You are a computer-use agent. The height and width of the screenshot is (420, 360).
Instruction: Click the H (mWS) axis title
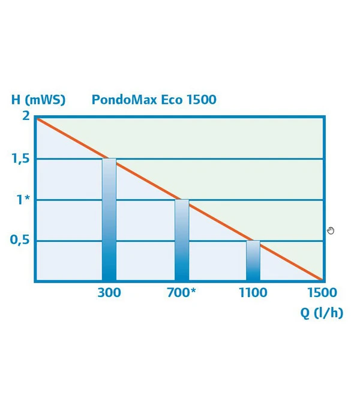click(39, 100)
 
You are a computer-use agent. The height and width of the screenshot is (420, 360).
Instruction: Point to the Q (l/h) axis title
click(322, 313)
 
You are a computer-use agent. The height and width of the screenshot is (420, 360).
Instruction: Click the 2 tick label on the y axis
click(26, 116)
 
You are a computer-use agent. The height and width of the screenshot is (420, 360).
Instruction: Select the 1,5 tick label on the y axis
click(20, 159)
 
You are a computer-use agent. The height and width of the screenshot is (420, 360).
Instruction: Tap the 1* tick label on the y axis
click(23, 200)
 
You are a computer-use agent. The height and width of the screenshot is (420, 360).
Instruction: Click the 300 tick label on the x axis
click(108, 293)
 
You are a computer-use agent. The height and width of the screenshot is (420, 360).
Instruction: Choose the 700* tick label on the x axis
click(182, 293)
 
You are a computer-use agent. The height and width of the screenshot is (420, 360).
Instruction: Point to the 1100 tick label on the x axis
click(253, 293)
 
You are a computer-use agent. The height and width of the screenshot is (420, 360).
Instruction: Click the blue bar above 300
click(109, 222)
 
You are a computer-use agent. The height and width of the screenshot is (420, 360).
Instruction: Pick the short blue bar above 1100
click(253, 261)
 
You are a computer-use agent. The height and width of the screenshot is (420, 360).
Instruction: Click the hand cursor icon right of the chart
click(331, 230)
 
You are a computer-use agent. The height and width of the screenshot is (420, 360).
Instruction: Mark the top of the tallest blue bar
click(109, 160)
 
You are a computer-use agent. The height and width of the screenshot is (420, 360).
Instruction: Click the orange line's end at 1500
click(322, 280)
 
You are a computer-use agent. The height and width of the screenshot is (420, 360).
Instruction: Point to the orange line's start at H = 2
click(37, 119)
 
